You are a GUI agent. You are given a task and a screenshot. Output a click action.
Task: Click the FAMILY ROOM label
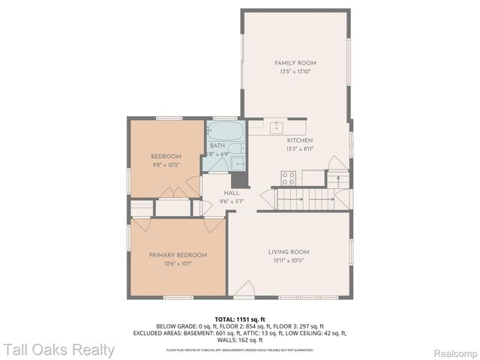coord(295,63)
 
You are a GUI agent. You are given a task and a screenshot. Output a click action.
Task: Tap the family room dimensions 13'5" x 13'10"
coord(295,70)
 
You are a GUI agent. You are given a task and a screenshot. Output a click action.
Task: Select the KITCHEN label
coord(299,140)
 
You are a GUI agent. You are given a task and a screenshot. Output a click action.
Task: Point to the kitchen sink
coord(276,125)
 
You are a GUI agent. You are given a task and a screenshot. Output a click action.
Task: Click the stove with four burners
coord(287,178)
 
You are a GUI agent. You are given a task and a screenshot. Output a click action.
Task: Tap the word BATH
coord(217,145)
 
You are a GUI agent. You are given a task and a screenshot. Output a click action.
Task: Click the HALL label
coord(231,193)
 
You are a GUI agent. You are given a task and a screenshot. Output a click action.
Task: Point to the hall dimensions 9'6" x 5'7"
coord(231,201)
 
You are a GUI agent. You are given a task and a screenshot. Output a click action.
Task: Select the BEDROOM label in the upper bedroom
coord(166,156)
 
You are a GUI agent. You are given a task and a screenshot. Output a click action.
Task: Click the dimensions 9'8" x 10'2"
coord(166,163)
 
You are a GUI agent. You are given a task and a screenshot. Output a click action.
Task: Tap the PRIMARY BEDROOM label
coord(178,255)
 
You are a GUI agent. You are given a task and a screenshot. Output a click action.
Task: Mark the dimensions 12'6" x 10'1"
coord(178,262)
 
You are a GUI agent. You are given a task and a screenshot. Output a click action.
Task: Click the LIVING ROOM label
coord(289,252)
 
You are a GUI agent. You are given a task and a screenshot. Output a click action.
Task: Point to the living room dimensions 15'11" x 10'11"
coord(289,260)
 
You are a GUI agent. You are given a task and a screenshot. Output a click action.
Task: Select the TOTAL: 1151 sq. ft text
coord(240,319)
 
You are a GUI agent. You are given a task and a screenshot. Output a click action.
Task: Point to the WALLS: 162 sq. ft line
coord(240,340)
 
